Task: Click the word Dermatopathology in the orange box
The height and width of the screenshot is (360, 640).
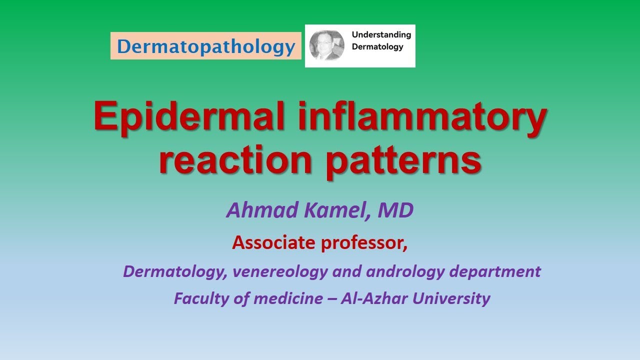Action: pos(205,46)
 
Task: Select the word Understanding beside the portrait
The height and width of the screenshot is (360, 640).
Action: pos(381,35)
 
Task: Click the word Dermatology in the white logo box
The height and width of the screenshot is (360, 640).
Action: pos(377,47)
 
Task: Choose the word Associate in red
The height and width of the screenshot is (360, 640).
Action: pos(273,243)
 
